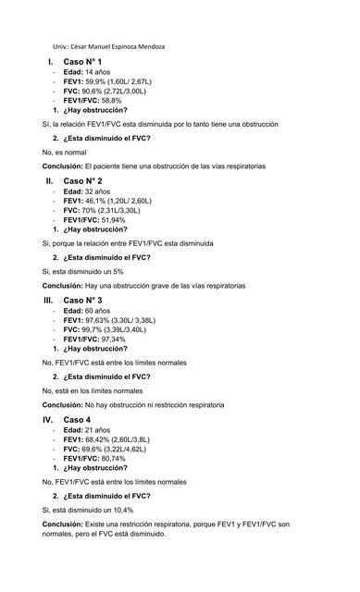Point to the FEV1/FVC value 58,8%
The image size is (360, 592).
click(x=105, y=100)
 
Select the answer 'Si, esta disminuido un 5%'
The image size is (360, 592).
click(x=83, y=271)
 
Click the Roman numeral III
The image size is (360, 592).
click(x=49, y=301)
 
